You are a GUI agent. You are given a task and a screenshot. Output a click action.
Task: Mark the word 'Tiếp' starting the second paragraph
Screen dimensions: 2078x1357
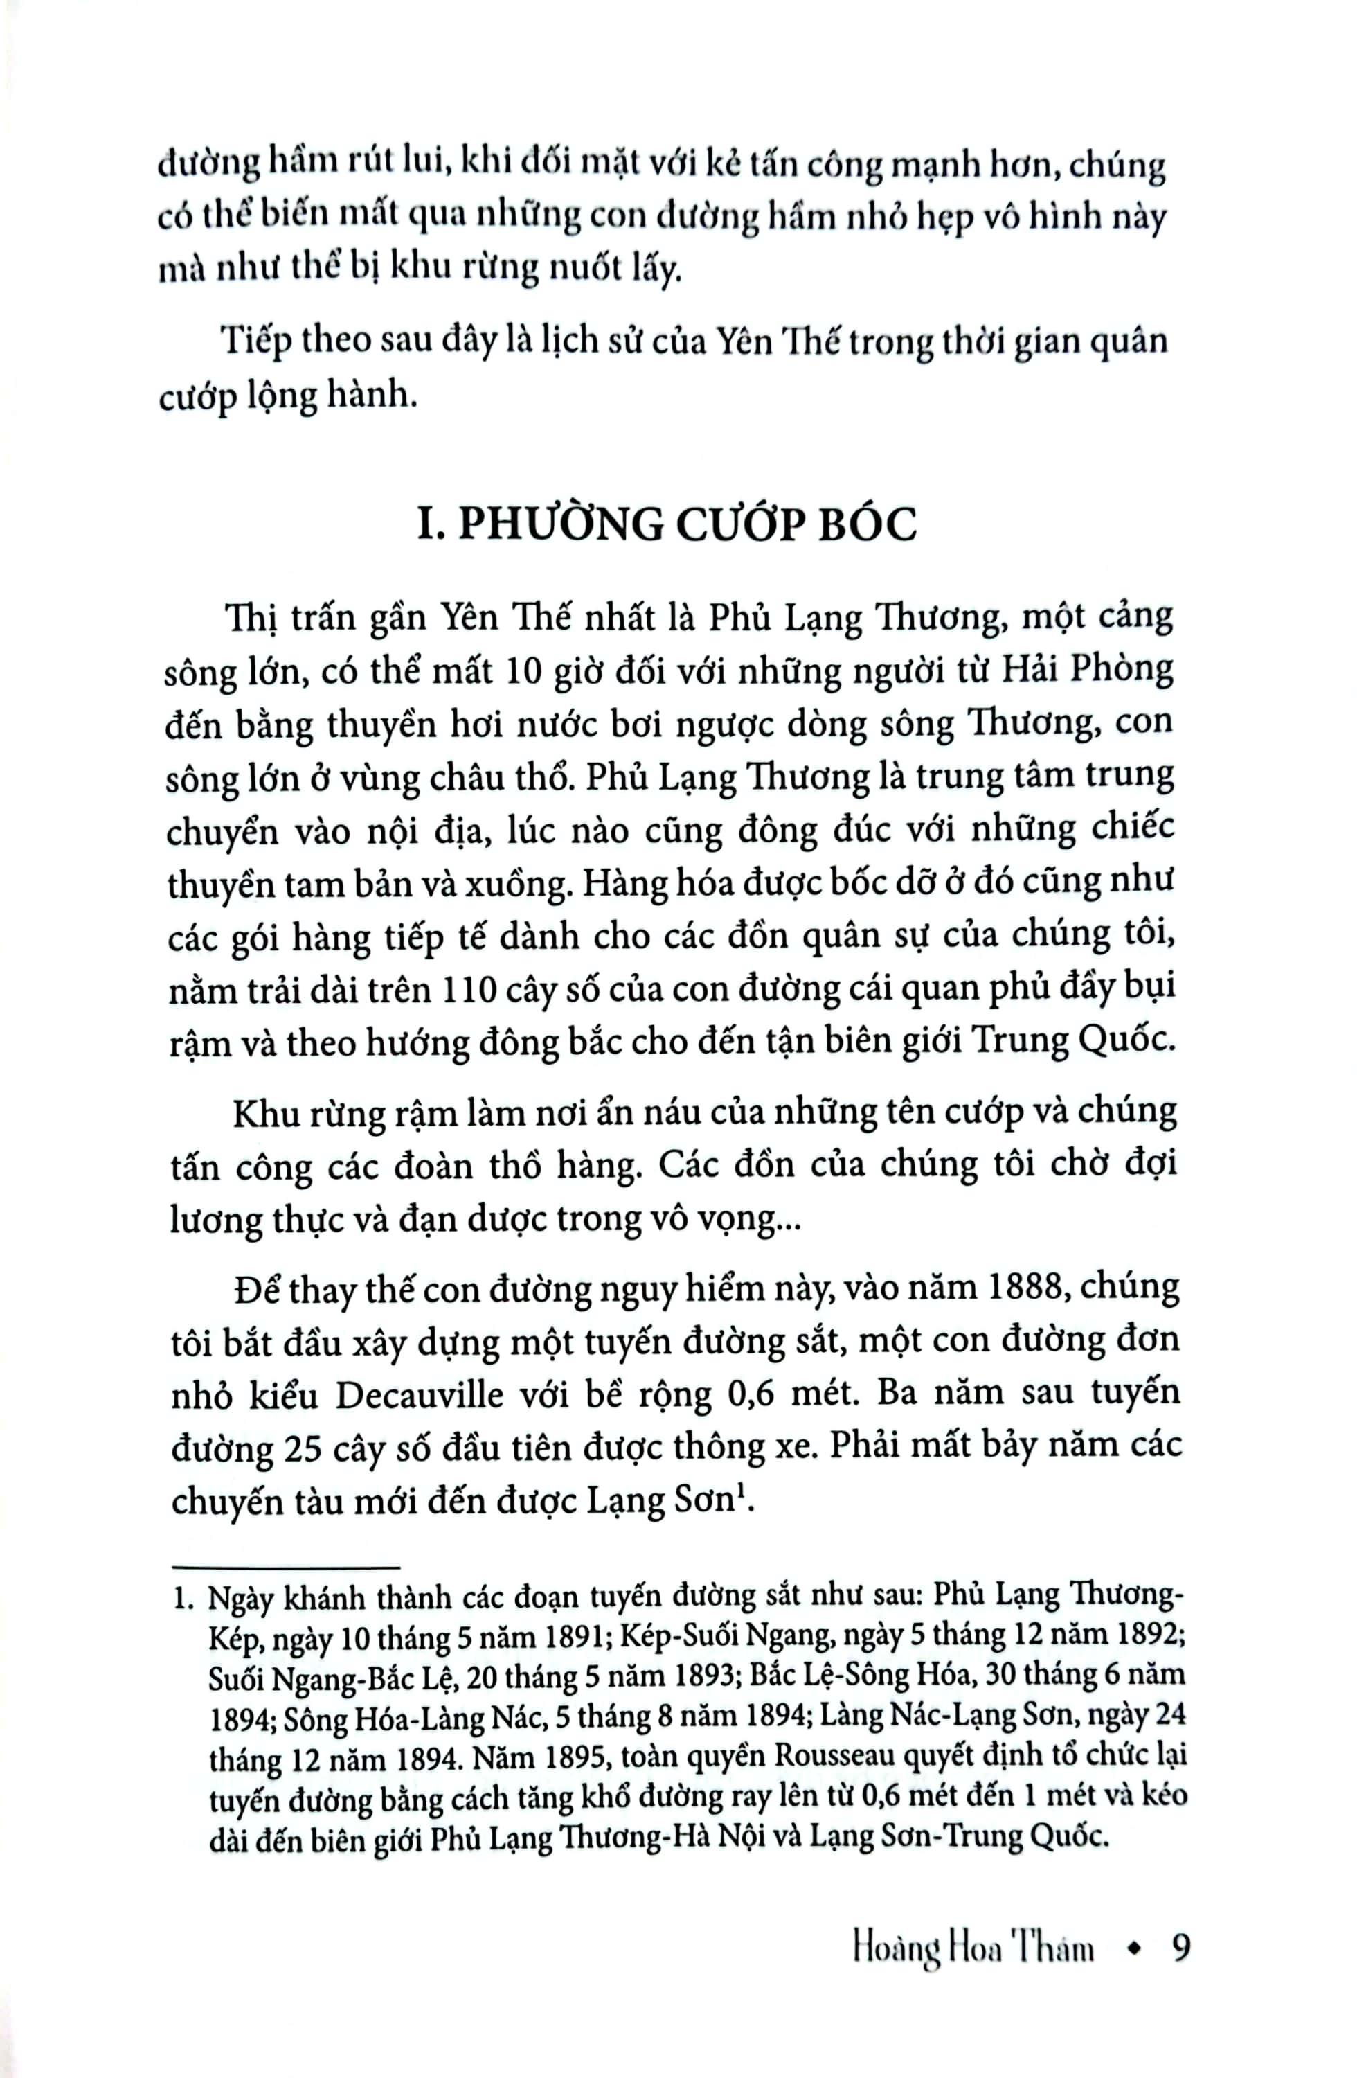coord(254,339)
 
